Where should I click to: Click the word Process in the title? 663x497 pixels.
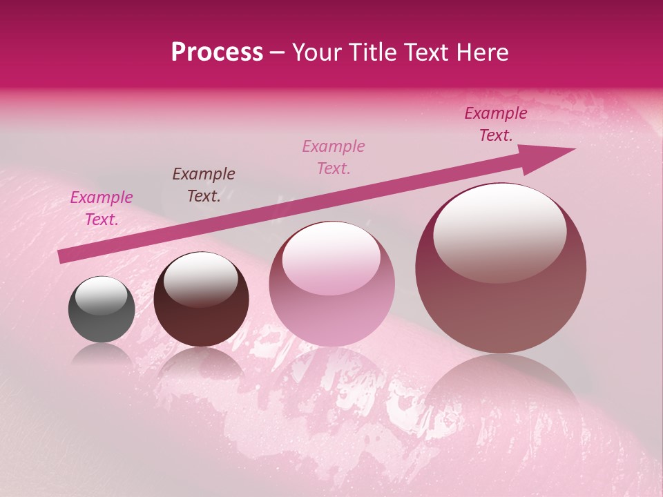217,52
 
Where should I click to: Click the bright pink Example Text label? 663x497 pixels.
102,208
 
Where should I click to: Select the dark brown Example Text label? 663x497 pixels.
204,185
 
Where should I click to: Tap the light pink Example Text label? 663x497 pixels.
334,157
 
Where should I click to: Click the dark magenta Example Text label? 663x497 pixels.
496,124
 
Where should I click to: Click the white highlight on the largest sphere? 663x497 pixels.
499,231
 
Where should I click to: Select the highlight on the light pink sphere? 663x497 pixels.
331,259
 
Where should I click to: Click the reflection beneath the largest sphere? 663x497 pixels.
501,393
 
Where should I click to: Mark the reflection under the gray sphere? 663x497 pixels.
102,355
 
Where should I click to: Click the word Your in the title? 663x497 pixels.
316,52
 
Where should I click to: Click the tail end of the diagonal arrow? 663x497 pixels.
64,256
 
